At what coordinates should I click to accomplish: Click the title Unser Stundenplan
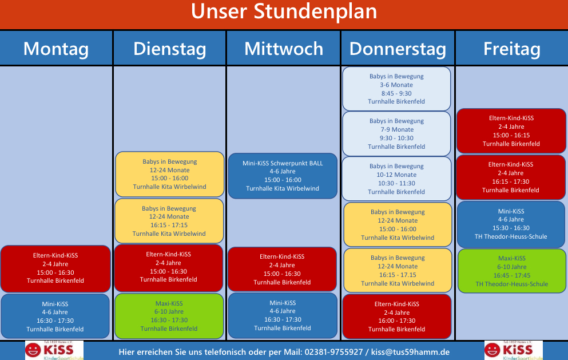[x=284, y=11]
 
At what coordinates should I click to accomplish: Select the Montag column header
[x=56, y=49]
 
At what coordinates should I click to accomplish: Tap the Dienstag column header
[x=170, y=49]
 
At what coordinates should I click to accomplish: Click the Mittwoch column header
[x=284, y=49]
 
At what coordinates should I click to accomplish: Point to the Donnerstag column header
[x=398, y=49]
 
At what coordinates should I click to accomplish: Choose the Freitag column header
[x=511, y=49]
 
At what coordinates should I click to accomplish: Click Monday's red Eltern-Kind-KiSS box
[x=55, y=268]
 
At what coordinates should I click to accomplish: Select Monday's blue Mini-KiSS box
[x=55, y=317]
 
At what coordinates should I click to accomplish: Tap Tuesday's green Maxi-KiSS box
[x=169, y=316]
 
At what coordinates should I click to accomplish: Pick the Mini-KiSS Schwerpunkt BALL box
[x=283, y=176]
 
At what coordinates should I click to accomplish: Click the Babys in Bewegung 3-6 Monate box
[x=396, y=89]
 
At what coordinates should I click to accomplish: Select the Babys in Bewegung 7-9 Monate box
[x=396, y=134]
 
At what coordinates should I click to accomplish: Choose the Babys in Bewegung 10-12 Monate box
[x=396, y=179]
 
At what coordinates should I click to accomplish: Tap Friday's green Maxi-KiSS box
[x=511, y=271]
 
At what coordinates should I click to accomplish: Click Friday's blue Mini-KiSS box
[x=511, y=224]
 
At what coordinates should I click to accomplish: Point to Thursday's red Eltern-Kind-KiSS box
[x=396, y=317]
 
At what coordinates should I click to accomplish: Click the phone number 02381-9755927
[x=333, y=352]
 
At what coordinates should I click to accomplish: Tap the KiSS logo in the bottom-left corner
[x=54, y=350]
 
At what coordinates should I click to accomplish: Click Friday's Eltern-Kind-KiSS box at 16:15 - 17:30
[x=511, y=177]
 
